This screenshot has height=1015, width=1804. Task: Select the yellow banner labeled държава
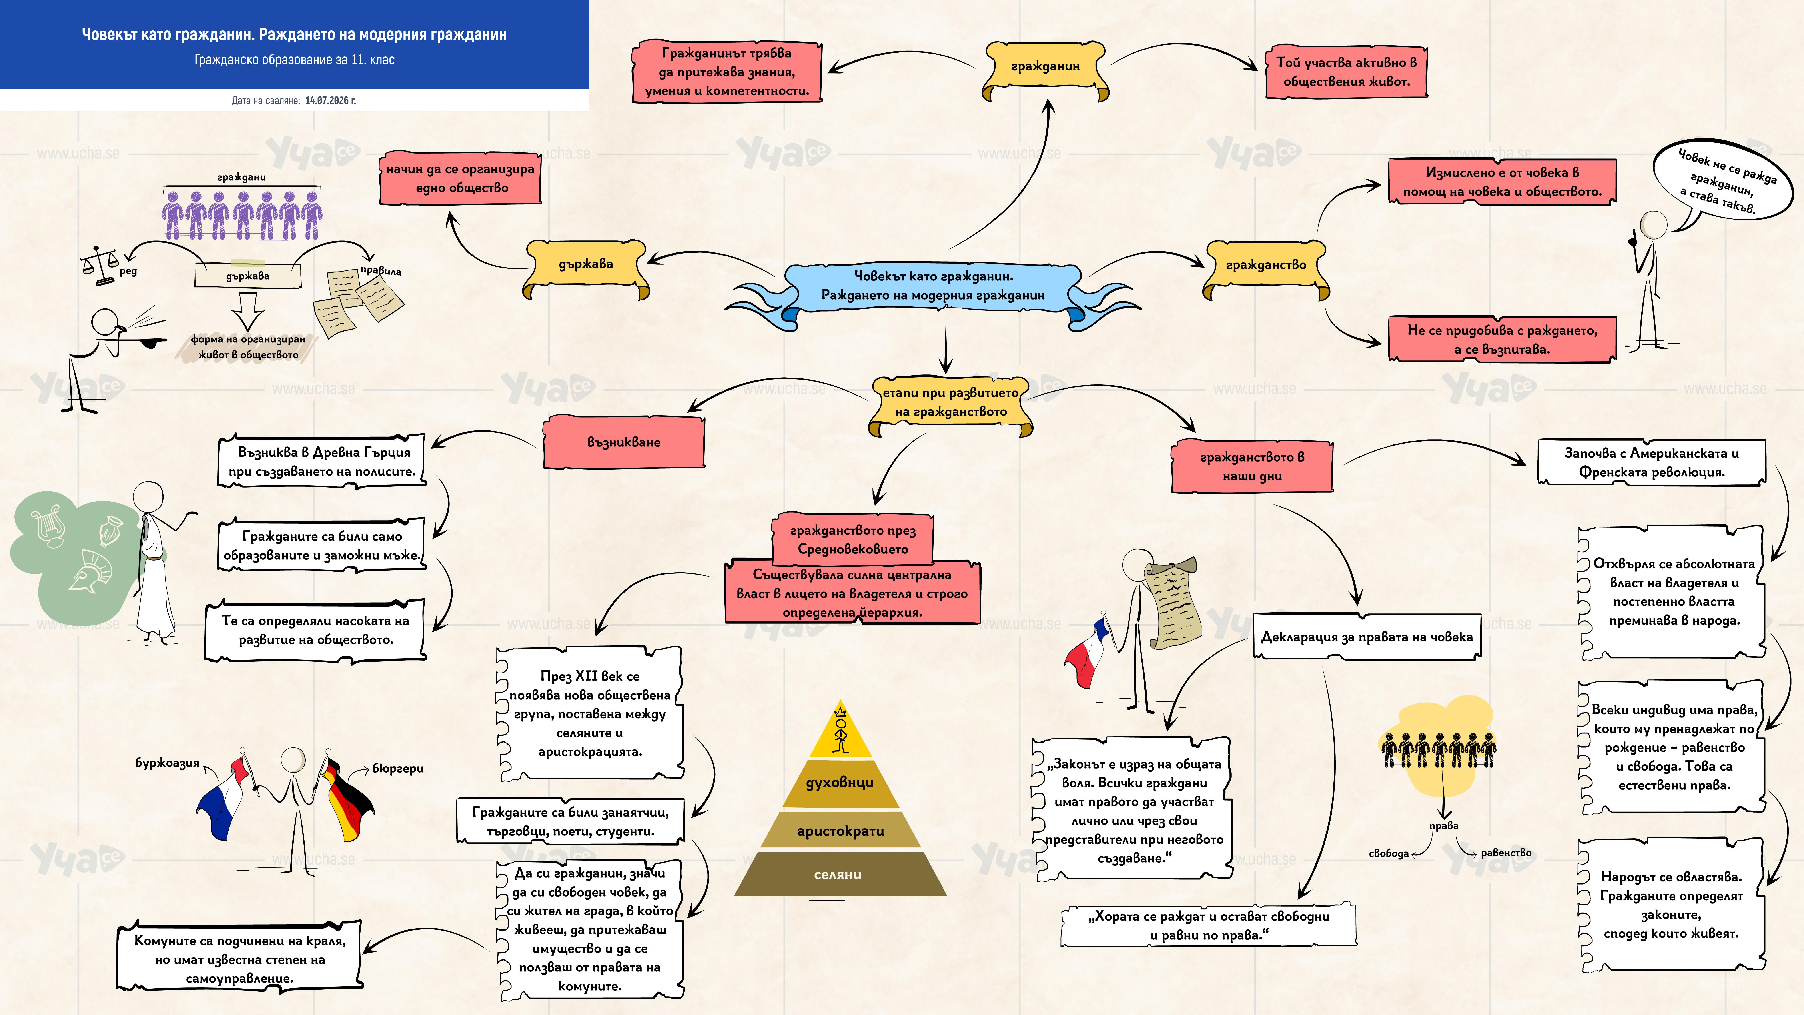(586, 266)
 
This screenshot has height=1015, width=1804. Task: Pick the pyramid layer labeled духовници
(840, 783)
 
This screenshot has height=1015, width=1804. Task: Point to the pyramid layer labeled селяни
(840, 874)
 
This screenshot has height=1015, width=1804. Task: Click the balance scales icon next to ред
(100, 265)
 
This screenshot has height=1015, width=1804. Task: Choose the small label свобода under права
(1389, 853)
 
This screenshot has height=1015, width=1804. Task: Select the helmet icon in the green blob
(91, 571)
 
